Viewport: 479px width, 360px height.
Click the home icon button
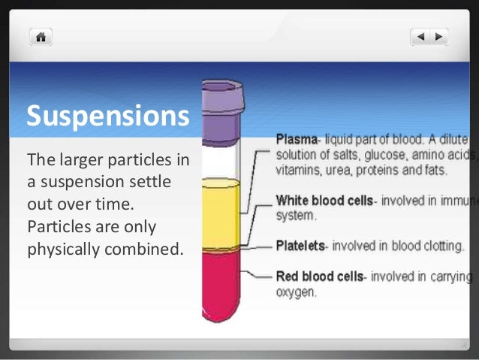coord(41,36)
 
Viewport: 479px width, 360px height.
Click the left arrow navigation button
coord(421,36)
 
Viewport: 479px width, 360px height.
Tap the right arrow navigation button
coord(438,36)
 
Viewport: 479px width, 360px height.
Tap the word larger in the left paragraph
coord(78,160)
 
